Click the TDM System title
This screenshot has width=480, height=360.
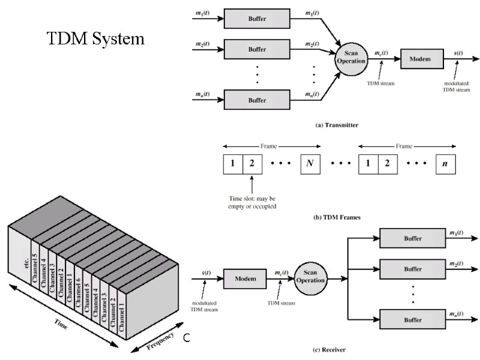96,40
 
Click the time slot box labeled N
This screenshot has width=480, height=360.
310,163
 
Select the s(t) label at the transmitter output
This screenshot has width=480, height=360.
458,53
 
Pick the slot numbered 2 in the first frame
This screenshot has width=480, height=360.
252,163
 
